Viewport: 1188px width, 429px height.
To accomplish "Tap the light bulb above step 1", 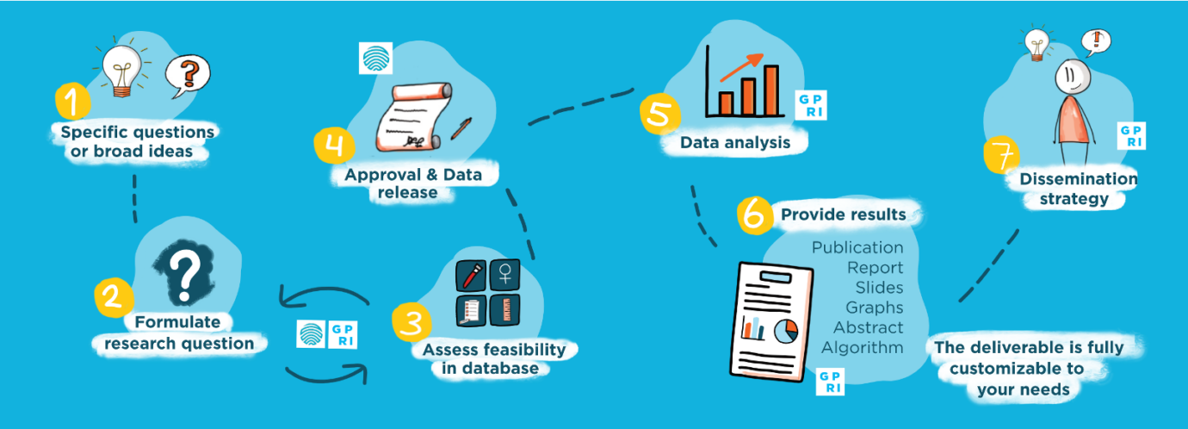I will pos(121,67).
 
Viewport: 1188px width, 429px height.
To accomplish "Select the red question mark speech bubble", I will pos(188,75).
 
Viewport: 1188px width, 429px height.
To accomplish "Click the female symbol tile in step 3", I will pos(504,275).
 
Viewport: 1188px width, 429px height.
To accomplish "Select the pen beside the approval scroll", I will pos(461,129).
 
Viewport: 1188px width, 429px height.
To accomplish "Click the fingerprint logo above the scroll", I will pos(374,57).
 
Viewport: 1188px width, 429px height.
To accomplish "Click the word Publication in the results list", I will pos(857,248).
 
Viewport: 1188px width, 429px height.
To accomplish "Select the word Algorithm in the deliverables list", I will pos(862,348).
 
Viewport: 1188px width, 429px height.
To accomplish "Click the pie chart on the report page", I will pos(786,329).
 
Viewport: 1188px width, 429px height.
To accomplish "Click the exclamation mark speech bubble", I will pos(1096,40).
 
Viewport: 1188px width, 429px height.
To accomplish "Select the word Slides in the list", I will pos(879,288).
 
